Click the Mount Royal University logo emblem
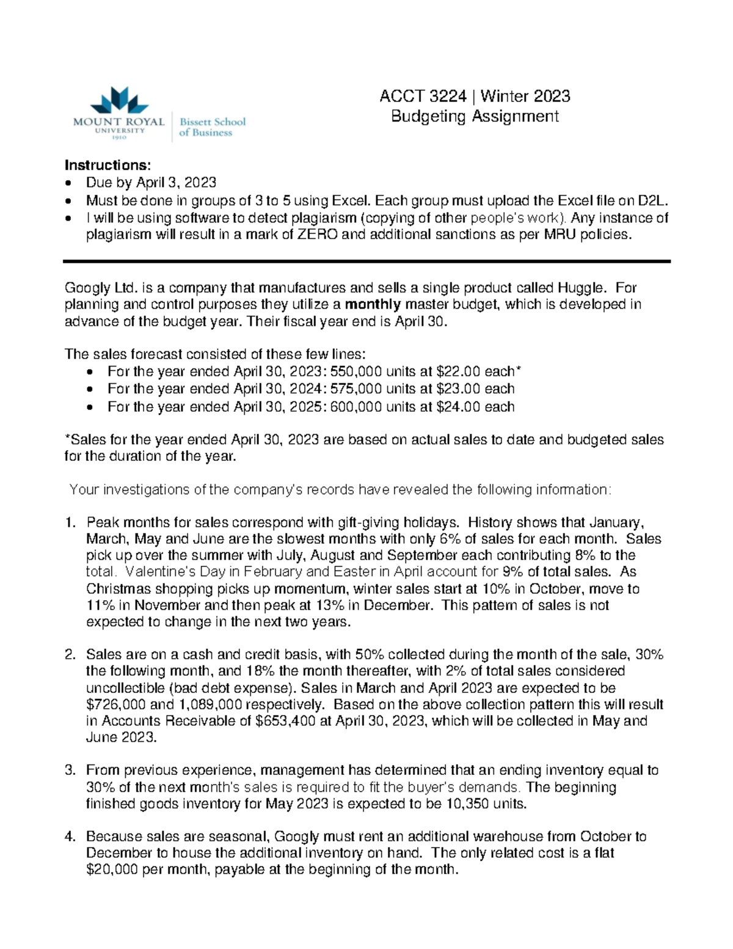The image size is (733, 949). [x=120, y=100]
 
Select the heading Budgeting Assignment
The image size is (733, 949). [x=475, y=116]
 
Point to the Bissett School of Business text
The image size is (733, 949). [x=212, y=126]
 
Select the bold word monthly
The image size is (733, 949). [x=373, y=304]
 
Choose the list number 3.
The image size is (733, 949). [x=69, y=771]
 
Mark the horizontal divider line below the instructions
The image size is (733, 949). [x=366, y=262]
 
